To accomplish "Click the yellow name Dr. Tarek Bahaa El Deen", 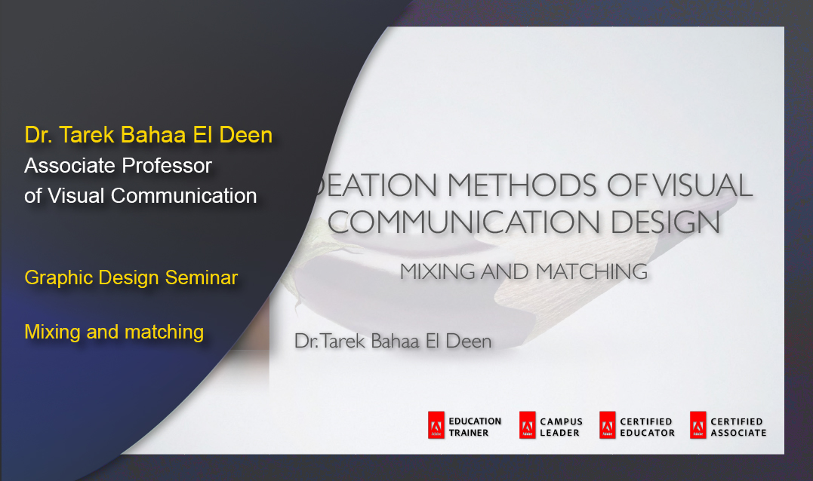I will tap(148, 136).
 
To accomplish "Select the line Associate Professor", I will tap(118, 165).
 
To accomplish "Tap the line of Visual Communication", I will tap(140, 195).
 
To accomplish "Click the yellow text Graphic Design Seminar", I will tap(131, 277).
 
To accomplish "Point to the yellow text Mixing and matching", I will tap(114, 331).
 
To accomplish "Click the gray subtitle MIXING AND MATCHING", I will tap(523, 271).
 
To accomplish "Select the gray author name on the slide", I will tap(393, 342).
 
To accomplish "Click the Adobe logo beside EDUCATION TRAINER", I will tap(436, 426).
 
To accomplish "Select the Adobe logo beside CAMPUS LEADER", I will tap(527, 426).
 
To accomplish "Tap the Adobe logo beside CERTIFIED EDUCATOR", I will tap(607, 426).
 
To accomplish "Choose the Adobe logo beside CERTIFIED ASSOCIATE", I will tap(698, 426).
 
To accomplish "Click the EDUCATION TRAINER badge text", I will tap(474, 427).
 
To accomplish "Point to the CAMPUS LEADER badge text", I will tap(561, 427).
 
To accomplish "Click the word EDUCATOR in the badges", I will tap(647, 433).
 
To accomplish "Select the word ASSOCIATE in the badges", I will tap(738, 433).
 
